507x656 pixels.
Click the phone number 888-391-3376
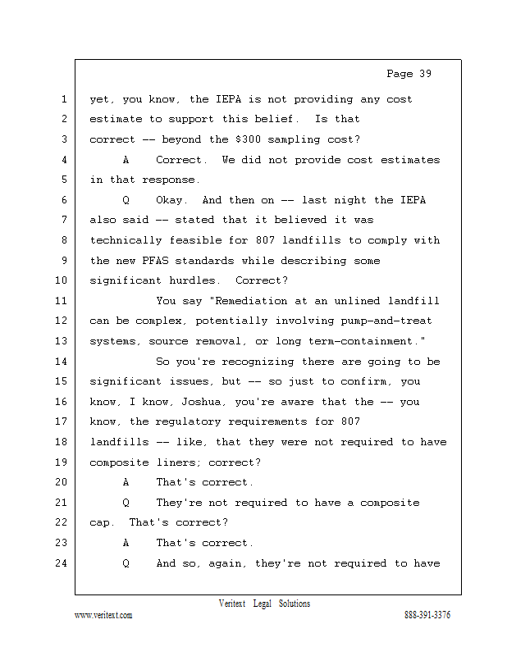coord(427,615)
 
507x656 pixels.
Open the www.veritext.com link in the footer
coord(103,615)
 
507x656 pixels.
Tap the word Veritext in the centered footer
coord(232,604)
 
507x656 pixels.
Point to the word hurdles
coord(195,280)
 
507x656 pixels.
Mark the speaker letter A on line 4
coord(126,160)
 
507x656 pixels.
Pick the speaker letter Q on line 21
coord(126,503)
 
